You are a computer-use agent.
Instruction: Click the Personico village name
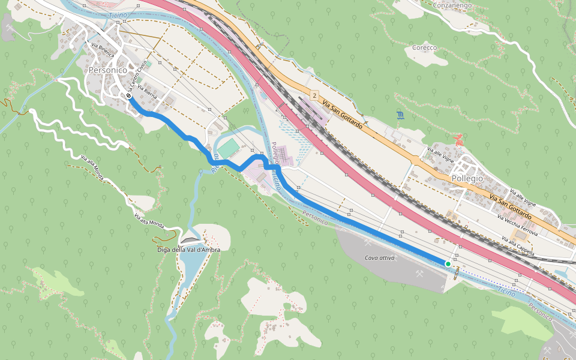pyautogui.click(x=107, y=70)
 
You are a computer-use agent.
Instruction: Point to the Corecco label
pyautogui.click(x=424, y=47)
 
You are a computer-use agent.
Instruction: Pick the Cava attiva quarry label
pyautogui.click(x=380, y=257)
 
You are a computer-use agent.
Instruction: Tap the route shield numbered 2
pyautogui.click(x=314, y=96)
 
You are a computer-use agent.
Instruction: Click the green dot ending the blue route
pyautogui.click(x=448, y=264)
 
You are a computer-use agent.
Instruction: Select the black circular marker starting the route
pyautogui.click(x=129, y=95)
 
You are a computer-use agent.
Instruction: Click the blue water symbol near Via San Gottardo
pyautogui.click(x=400, y=114)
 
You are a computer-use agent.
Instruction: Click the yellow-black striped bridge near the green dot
pyautogui.click(x=458, y=273)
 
